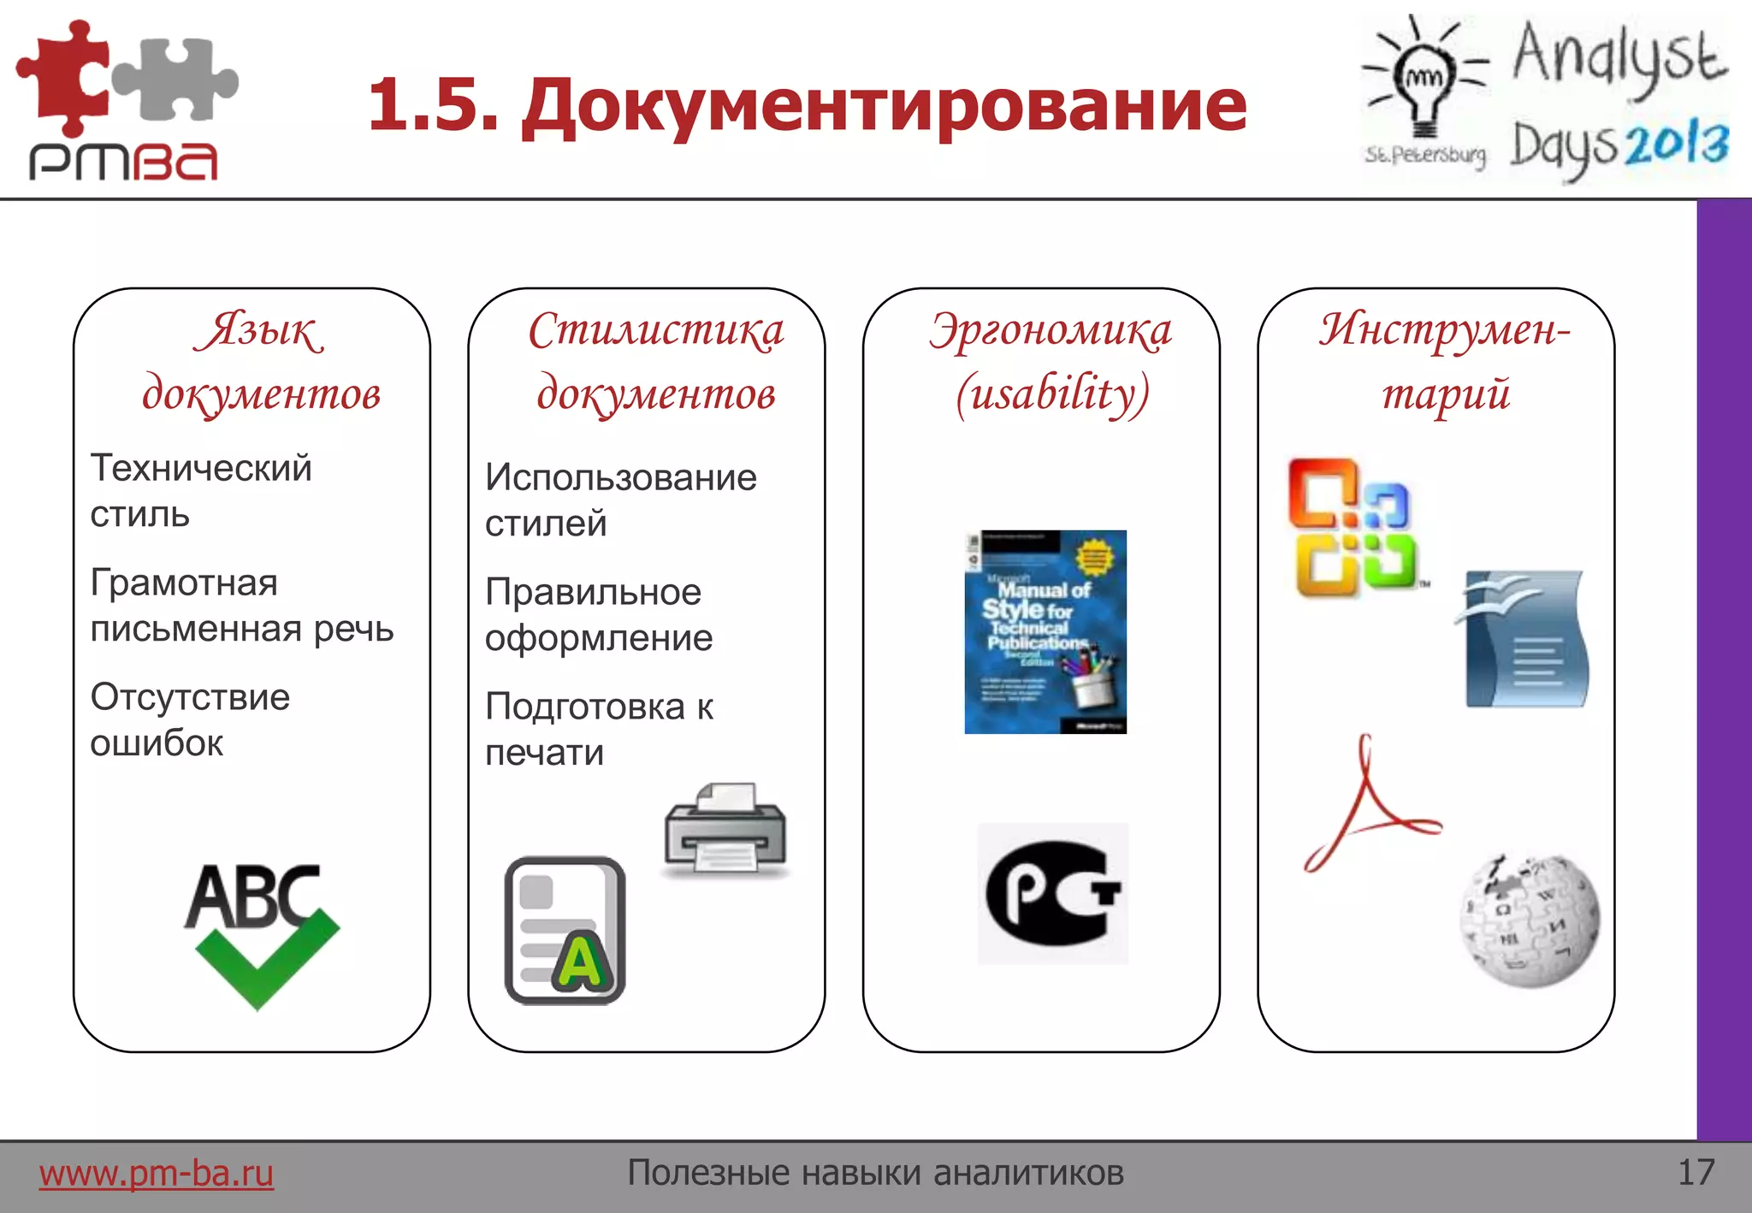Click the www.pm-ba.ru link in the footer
click(156, 1173)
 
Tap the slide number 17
click(1696, 1172)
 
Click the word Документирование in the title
click(885, 106)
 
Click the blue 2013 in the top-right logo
click(1676, 144)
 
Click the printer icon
click(725, 829)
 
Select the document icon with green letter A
click(565, 930)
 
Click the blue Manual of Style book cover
click(1045, 631)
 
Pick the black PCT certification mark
click(1052, 893)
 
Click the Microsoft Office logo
click(1351, 528)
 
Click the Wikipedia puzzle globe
click(1529, 920)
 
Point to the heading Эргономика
click(1051, 331)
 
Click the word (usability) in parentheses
click(1052, 394)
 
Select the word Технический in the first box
click(201, 468)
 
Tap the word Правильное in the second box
click(593, 592)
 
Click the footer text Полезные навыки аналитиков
click(875, 1172)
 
